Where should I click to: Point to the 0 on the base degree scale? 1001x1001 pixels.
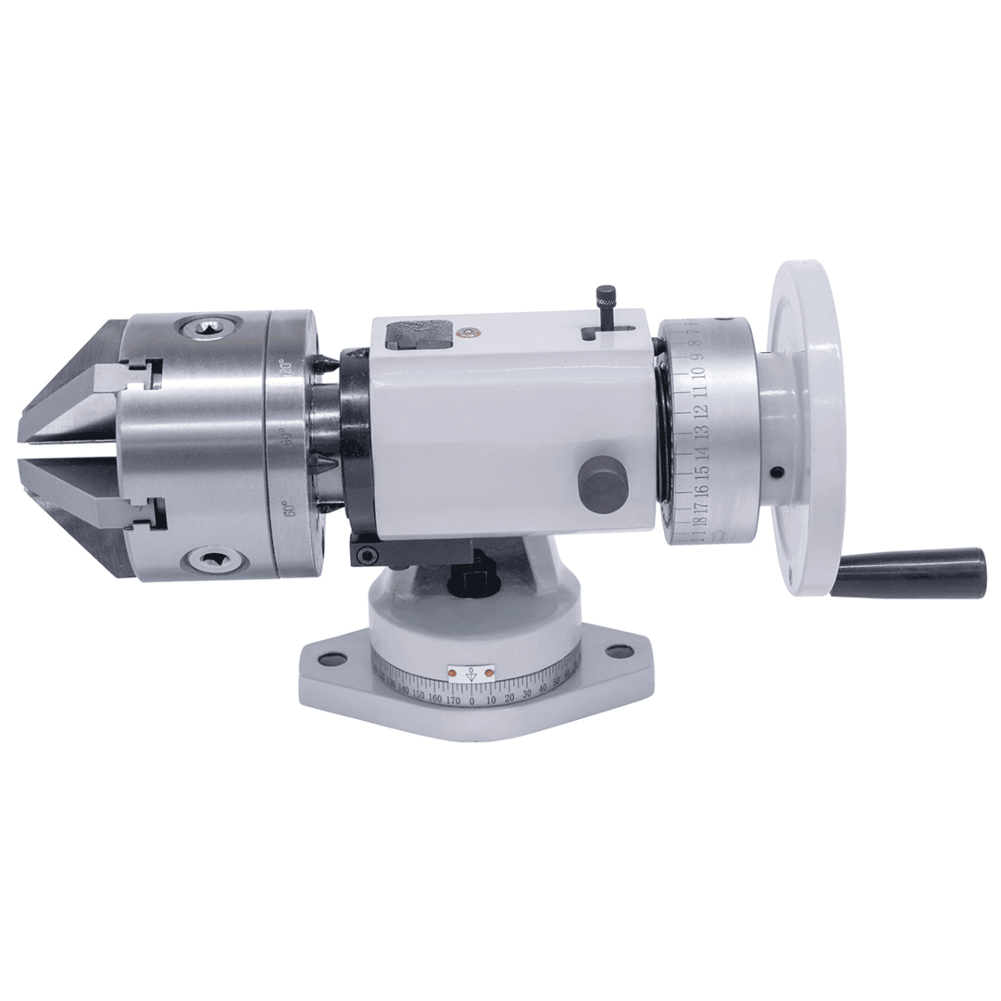point(472,702)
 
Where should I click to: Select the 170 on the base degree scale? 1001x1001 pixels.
point(453,700)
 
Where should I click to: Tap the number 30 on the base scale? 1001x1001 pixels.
point(526,694)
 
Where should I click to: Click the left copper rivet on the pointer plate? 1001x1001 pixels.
point(452,670)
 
